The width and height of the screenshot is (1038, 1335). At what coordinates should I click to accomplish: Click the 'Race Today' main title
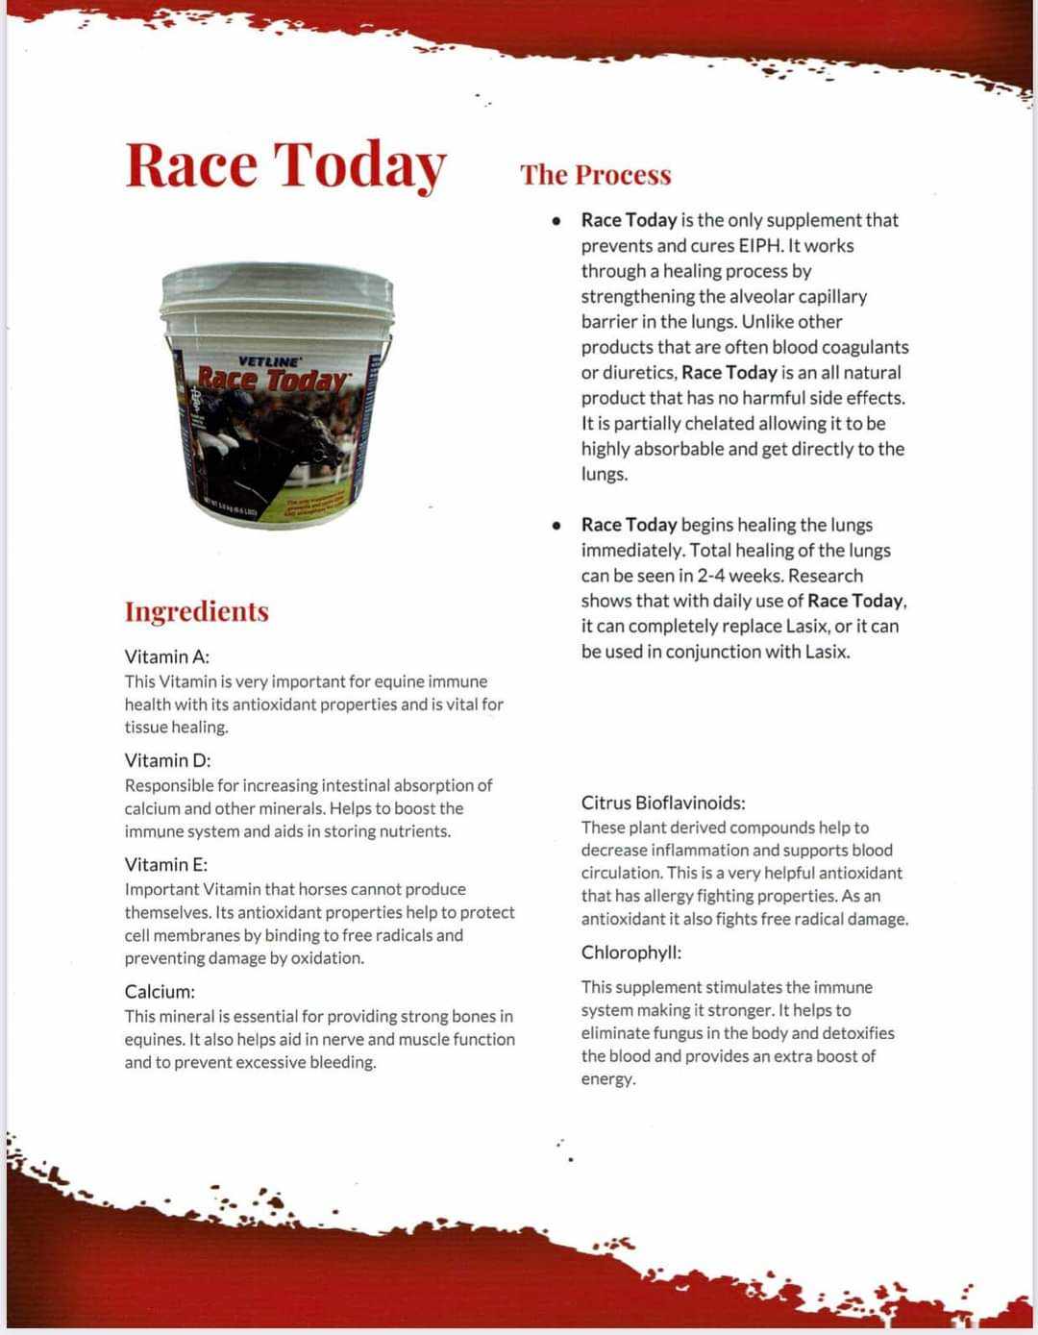(285, 164)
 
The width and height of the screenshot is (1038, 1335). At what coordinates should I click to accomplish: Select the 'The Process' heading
(595, 175)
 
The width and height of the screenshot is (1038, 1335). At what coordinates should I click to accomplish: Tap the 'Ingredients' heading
(196, 612)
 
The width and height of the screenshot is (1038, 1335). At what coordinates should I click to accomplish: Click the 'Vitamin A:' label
(166, 657)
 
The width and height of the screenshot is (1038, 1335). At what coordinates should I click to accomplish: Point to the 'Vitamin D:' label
(167, 760)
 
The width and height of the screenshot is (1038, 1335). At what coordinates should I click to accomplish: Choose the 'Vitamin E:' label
(165, 864)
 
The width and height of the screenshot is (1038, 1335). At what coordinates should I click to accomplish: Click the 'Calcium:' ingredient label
(159, 992)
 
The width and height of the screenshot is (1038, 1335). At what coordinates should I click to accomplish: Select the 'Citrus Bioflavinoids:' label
(662, 803)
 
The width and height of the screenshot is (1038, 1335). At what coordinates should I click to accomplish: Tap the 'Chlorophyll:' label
(630, 952)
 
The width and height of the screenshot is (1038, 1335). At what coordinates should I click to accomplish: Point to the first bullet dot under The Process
(556, 221)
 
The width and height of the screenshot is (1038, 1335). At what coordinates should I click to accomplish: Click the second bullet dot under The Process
(556, 526)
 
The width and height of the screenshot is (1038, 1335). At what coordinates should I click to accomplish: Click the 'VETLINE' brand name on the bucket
(268, 361)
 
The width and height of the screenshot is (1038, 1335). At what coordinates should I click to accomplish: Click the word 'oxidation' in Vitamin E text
(326, 958)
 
